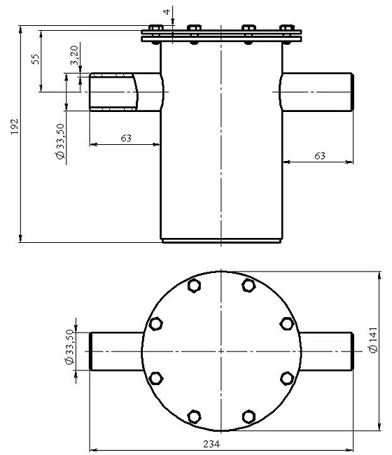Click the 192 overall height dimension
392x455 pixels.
point(15,126)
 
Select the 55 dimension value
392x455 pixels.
point(36,59)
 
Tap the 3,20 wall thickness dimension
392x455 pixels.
point(74,55)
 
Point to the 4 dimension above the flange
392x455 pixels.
point(167,12)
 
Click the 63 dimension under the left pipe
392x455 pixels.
point(126,138)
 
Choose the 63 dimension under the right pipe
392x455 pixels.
point(320,156)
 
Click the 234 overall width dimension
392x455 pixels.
point(211,444)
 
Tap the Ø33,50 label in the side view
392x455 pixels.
point(60,141)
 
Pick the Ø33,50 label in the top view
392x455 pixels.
point(69,346)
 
